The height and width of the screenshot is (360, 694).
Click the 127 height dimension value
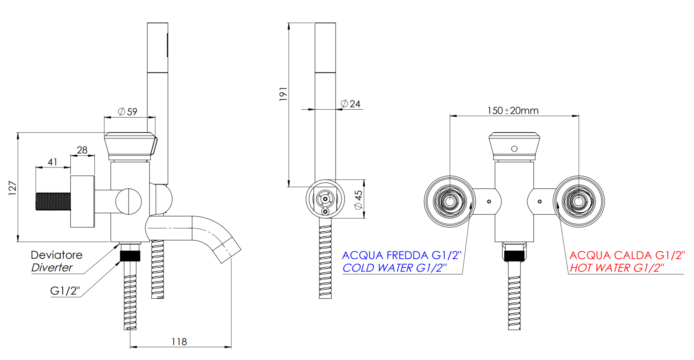(x=12, y=188)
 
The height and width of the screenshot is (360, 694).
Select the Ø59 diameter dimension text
(x=128, y=112)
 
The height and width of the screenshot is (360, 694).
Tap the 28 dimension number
(x=82, y=150)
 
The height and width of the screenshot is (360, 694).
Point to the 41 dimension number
(x=52, y=162)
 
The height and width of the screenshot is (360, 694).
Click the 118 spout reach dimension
(x=179, y=342)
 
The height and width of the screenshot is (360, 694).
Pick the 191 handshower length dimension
(x=283, y=94)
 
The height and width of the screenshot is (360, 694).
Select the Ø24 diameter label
(x=351, y=104)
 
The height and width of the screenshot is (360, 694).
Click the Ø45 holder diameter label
(x=358, y=199)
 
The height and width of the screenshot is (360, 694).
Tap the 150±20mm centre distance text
(x=513, y=111)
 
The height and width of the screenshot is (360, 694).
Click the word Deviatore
(x=57, y=255)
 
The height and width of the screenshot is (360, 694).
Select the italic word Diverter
(x=52, y=267)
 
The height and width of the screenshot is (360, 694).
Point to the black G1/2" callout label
(x=65, y=291)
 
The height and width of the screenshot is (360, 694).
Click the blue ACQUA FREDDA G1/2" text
(x=401, y=255)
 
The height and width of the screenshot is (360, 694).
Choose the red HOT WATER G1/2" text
(x=617, y=268)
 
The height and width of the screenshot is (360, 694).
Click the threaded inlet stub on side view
(x=53, y=202)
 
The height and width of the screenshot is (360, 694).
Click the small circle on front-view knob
(x=514, y=148)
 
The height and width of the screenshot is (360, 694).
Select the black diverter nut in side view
(x=130, y=256)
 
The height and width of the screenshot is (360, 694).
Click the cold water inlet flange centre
(x=450, y=202)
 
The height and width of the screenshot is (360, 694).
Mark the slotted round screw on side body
(x=129, y=202)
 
